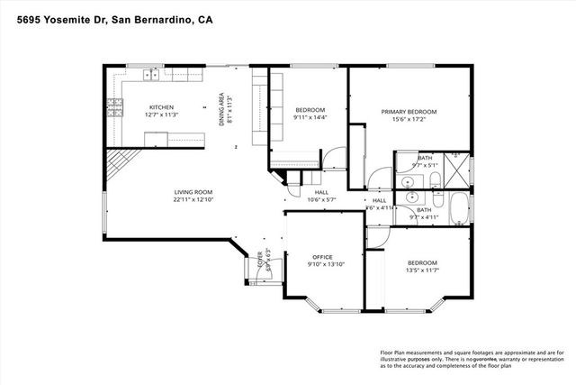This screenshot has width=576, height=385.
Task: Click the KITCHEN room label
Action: (x=161, y=105)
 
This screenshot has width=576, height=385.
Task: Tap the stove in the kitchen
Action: (x=114, y=109)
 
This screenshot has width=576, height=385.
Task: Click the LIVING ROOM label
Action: (x=193, y=191)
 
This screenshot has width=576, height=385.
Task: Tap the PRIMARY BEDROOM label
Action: (x=408, y=112)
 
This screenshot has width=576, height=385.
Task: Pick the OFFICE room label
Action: (x=322, y=256)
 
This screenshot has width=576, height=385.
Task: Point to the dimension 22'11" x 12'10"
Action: (x=193, y=200)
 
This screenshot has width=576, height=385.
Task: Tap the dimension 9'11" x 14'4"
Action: (x=310, y=118)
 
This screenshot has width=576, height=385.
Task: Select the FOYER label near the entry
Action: (x=261, y=261)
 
